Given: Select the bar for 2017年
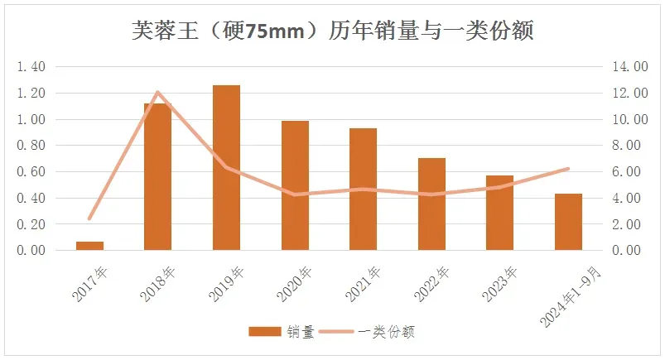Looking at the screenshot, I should (x=89, y=246).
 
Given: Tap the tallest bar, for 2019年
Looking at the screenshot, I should (x=226, y=168).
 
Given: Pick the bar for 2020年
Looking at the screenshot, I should (x=295, y=185).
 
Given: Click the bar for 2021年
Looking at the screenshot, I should (x=363, y=190).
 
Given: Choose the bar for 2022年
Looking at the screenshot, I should (x=431, y=204).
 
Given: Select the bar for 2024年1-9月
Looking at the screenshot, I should (x=568, y=222).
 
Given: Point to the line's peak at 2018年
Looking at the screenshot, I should (x=157, y=92).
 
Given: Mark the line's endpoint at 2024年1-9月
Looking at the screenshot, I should (x=568, y=169).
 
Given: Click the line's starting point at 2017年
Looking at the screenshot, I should (x=89, y=218).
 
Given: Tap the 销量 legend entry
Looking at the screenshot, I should (x=282, y=332).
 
